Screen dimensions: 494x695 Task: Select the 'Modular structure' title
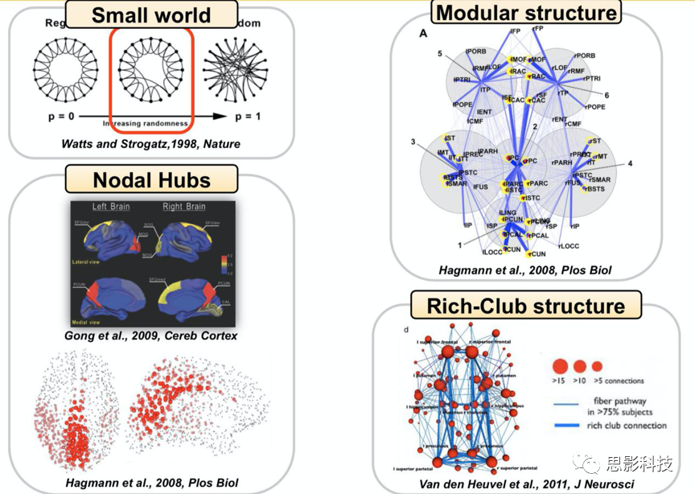tap(527, 12)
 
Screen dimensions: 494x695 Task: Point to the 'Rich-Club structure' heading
tap(526, 306)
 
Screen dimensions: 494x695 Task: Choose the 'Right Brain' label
tap(184, 206)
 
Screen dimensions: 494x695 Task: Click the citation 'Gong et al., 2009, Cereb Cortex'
tap(151, 336)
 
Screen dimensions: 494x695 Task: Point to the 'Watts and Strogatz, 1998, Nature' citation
tap(151, 143)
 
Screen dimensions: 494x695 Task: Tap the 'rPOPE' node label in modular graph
tap(594, 106)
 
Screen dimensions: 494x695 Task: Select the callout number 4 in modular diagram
tap(631, 163)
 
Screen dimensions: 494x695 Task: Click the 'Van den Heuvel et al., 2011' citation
tap(527, 484)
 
